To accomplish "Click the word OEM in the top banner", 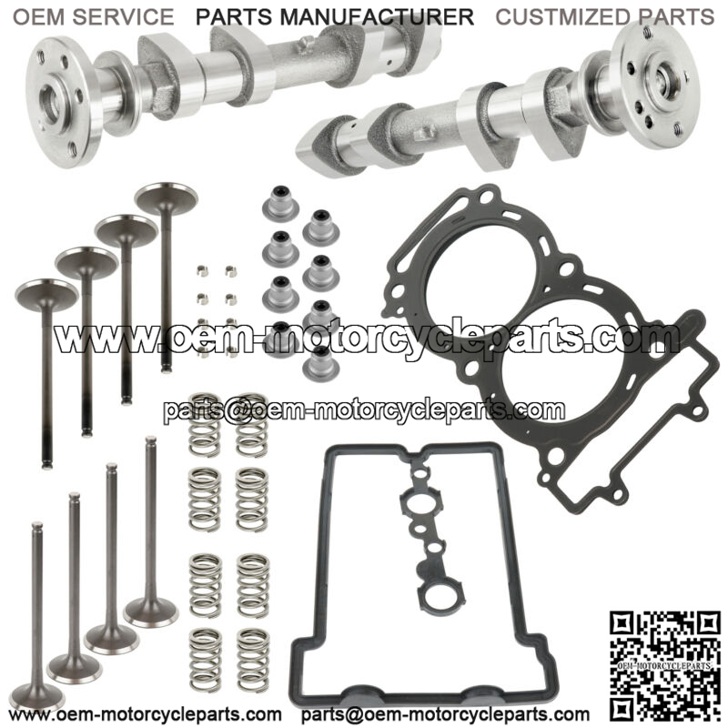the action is [39, 17].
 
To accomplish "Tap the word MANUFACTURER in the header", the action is [377, 17].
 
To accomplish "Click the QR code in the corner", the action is [665, 665].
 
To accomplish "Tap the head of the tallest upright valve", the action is [167, 198].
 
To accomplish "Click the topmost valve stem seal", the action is [279, 203].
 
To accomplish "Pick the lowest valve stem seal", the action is [321, 363].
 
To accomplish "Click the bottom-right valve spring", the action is [253, 660].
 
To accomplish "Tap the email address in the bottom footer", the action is [445, 713].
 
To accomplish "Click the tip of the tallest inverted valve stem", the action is [150, 439].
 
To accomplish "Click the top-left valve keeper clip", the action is [202, 270].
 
